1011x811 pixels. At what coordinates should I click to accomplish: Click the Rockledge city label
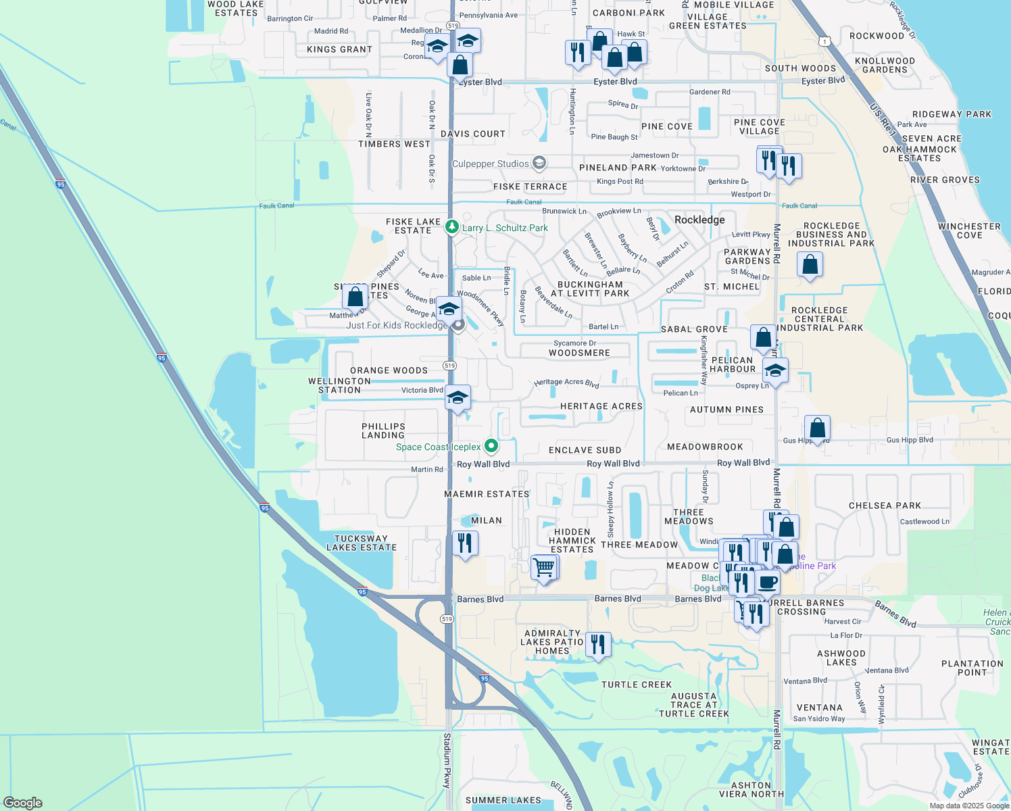tap(699, 220)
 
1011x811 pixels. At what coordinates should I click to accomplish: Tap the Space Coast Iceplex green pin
tap(492, 446)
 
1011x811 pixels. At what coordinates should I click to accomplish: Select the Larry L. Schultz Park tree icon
tap(452, 228)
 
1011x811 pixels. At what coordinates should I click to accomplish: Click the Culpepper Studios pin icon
tap(539, 163)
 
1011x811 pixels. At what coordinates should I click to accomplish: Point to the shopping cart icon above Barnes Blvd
tap(544, 568)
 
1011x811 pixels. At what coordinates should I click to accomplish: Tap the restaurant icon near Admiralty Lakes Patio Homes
tap(597, 645)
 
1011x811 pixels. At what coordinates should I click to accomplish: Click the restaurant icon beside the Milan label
tap(465, 543)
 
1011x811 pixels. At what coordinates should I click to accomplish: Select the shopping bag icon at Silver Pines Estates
tap(355, 296)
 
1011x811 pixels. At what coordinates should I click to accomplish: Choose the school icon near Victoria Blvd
tap(458, 398)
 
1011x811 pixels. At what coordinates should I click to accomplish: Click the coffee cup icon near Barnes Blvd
tap(767, 581)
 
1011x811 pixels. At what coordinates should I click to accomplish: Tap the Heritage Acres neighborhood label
tap(601, 406)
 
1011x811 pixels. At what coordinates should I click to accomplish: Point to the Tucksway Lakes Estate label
tap(361, 543)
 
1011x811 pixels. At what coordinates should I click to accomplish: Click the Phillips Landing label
tap(383, 431)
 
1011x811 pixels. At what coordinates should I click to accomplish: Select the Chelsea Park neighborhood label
tap(885, 506)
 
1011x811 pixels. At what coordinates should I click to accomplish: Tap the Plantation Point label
tap(972, 668)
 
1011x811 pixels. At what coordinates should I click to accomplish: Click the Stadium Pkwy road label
tap(447, 760)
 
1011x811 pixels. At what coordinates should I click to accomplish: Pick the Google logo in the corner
tap(23, 802)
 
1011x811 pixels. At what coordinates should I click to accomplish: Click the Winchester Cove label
tap(969, 230)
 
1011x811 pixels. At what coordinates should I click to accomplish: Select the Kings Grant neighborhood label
tap(339, 49)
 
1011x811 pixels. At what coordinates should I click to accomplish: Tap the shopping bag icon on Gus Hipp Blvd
tap(817, 428)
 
